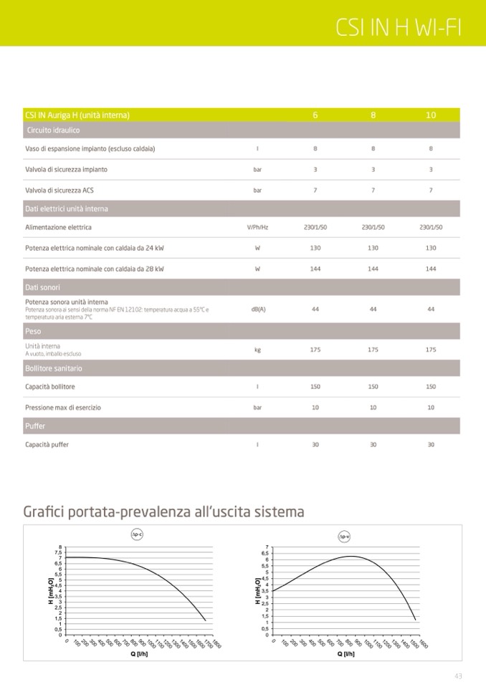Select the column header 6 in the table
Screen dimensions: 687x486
(x=315, y=115)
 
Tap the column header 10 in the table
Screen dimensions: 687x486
(x=431, y=115)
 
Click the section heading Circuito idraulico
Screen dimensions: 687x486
(x=53, y=130)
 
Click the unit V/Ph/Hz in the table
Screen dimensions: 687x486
(x=257, y=227)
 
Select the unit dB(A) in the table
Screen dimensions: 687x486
(x=258, y=309)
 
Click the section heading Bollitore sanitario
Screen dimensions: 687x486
(x=54, y=368)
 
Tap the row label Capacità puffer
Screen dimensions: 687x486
(x=47, y=445)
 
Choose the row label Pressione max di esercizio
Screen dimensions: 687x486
(x=63, y=408)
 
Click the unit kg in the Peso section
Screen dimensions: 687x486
(x=257, y=350)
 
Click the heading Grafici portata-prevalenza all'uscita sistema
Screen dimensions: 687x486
(x=164, y=512)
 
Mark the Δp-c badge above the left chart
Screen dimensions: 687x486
(x=137, y=534)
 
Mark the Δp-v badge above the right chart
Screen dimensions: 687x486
(x=344, y=536)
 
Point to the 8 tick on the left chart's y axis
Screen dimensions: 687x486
(x=60, y=547)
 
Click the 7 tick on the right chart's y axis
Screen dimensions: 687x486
(x=267, y=547)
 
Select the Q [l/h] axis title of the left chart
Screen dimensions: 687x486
(x=138, y=654)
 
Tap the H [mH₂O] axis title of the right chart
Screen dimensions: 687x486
(x=258, y=592)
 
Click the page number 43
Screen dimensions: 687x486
(x=458, y=676)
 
